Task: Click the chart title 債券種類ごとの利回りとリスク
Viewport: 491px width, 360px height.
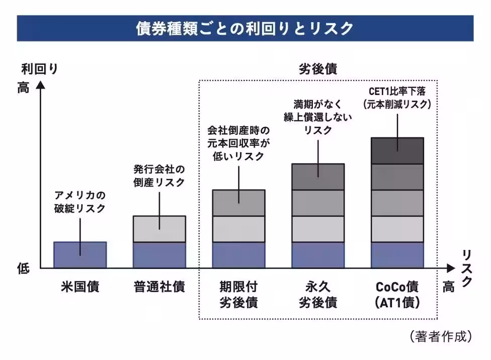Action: [x=245, y=29]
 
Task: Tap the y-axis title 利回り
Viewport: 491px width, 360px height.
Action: [x=40, y=69]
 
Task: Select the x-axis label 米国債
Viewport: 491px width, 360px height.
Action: [x=80, y=287]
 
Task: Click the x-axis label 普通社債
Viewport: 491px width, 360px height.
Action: [x=159, y=287]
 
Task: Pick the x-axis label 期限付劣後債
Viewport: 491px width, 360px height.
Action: [x=238, y=295]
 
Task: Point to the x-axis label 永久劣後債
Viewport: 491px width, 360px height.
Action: [x=318, y=295]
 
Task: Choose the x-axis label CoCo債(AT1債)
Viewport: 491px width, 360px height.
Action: [x=397, y=295]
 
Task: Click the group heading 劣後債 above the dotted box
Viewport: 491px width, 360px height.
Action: [x=318, y=69]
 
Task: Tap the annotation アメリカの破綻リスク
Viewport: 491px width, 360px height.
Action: [x=80, y=202]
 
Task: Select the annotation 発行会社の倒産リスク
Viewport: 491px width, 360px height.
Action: [x=159, y=175]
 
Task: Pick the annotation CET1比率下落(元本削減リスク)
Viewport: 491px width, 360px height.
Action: [x=397, y=98]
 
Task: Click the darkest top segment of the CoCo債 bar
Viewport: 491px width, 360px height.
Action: [x=397, y=150]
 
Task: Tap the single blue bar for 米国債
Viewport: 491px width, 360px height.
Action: [x=80, y=254]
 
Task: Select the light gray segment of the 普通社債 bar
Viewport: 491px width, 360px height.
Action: [x=159, y=229]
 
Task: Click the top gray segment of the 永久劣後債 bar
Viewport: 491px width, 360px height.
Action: [x=318, y=176]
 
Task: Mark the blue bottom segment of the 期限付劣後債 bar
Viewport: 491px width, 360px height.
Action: [x=238, y=255]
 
